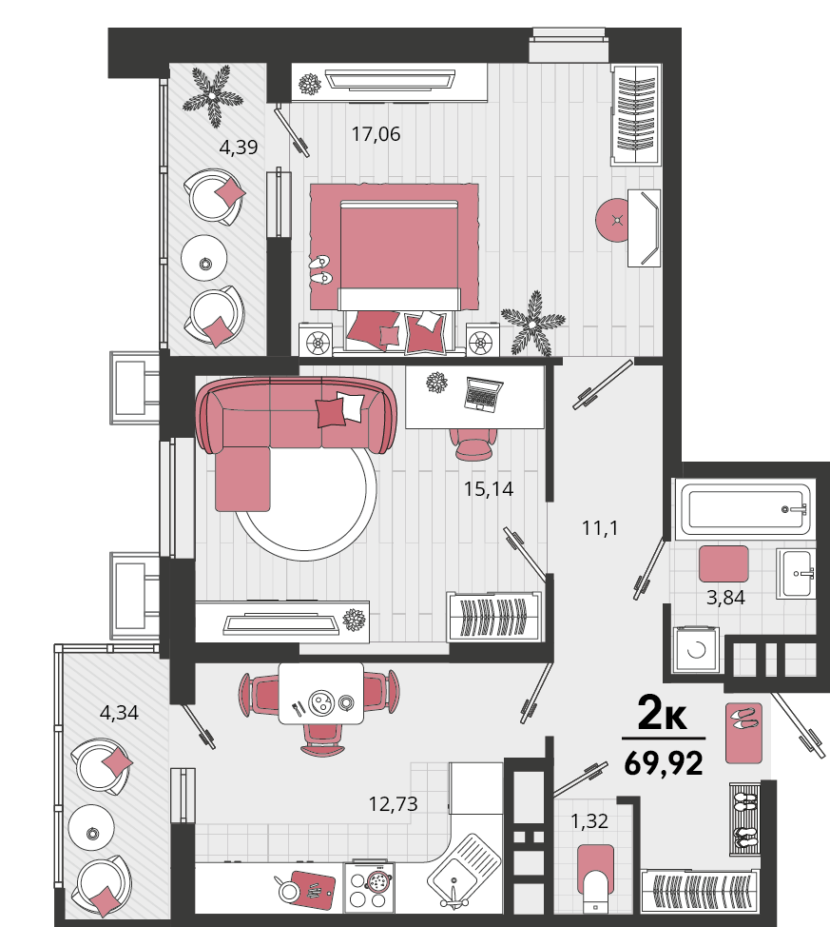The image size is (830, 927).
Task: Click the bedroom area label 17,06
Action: click(376, 134)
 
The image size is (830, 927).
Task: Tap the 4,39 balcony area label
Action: click(239, 148)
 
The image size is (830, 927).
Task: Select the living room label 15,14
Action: click(489, 489)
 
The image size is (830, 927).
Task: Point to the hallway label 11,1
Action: click(600, 527)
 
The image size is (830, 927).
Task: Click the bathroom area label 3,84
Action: click(725, 597)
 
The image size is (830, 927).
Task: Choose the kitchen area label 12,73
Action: click(393, 804)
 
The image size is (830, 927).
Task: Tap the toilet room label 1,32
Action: click(589, 820)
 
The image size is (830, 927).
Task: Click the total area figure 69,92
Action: click(664, 762)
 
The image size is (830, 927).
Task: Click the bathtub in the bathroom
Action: click(746, 509)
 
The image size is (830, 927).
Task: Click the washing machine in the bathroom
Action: click(697, 649)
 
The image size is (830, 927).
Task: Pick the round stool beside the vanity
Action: click(617, 220)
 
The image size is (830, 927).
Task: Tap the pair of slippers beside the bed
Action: click(320, 269)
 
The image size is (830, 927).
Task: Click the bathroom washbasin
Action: click(797, 574)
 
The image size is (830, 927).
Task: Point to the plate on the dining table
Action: click(322, 702)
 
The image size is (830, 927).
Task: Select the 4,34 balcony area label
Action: click(120, 713)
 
